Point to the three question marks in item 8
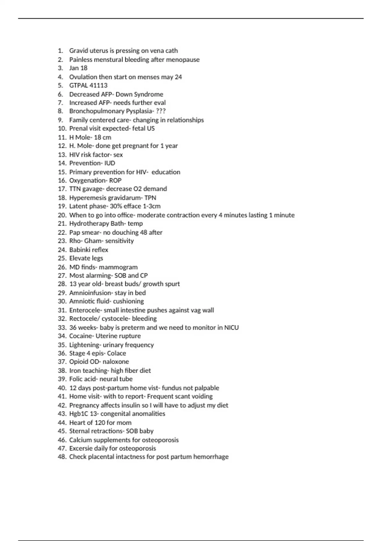161,111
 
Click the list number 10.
62,129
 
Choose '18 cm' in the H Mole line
103,137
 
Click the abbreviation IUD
110,163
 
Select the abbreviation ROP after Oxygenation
115,180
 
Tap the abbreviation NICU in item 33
231,327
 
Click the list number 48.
62,457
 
